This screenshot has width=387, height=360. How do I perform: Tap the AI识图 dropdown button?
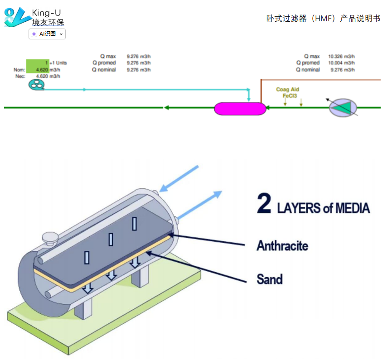click(47, 34)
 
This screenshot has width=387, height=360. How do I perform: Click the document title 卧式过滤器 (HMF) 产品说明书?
click(323, 19)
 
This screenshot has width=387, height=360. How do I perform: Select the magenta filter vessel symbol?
click(240, 109)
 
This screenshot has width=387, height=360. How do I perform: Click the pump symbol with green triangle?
click(343, 107)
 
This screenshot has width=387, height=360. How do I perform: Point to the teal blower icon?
click(36, 85)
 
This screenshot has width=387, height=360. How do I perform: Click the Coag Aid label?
click(288, 90)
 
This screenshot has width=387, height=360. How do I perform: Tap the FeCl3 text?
click(290, 96)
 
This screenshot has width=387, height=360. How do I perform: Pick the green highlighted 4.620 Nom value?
click(41, 70)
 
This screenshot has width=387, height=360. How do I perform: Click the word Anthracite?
click(282, 246)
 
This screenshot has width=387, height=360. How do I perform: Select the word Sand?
click(269, 279)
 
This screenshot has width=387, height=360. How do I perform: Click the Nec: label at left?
click(19, 76)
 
